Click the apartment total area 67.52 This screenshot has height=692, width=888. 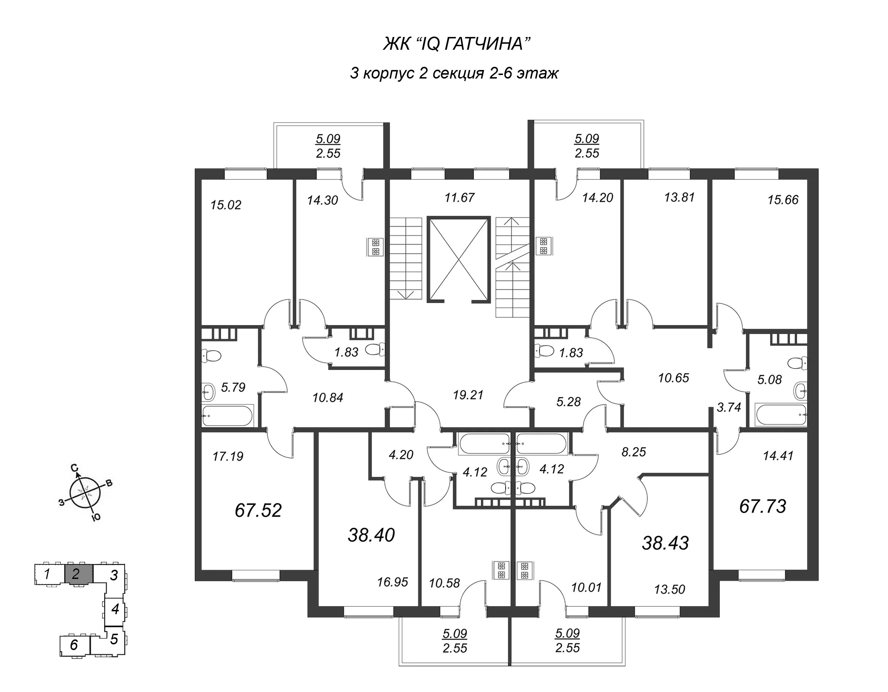pos(258,510)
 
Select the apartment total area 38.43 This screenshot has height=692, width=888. pos(665,543)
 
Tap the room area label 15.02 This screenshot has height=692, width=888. pos(226,205)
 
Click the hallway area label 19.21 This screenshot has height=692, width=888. pos(468,395)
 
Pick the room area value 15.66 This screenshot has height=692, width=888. pos(783,200)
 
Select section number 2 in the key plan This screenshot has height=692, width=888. pos(76,574)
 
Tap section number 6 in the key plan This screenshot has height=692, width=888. pos(74,645)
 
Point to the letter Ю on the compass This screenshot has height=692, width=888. pos(96,517)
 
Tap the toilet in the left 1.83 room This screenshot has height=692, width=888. pos(374,349)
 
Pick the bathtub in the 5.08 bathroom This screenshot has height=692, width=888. pos(781,414)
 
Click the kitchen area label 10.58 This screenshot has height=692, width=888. pos(444,583)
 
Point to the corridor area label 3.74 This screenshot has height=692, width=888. pos(729,407)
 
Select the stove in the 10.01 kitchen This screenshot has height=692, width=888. pos(525,570)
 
